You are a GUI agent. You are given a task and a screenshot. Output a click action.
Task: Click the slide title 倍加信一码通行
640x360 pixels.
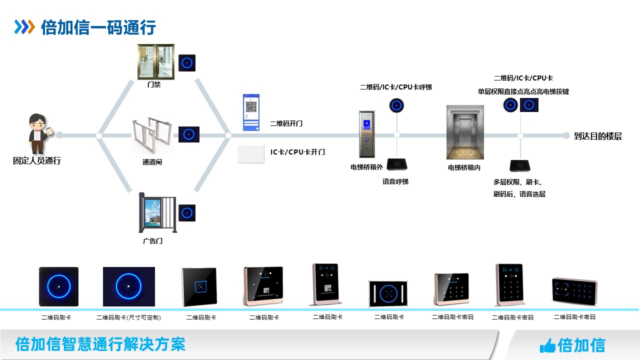pyautogui.click(x=98, y=27)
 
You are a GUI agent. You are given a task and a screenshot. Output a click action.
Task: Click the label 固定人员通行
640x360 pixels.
pyautogui.click(x=36, y=161)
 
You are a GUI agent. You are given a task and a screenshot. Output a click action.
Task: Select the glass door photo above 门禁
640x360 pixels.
pyautogui.click(x=156, y=62)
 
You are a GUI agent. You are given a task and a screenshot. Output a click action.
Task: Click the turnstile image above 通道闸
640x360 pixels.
pyautogui.click(x=152, y=135)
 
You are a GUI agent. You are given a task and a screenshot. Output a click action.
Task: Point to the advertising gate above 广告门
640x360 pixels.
pyautogui.click(x=157, y=214)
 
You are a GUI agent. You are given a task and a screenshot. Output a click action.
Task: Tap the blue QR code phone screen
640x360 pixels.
pyautogui.click(x=251, y=112)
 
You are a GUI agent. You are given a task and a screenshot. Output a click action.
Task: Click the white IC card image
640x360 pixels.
pyautogui.click(x=251, y=154)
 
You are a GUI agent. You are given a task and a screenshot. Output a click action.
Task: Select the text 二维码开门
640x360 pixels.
pyautogui.click(x=286, y=123)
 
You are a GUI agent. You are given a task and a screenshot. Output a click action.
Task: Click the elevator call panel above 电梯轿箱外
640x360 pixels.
pyautogui.click(x=366, y=134)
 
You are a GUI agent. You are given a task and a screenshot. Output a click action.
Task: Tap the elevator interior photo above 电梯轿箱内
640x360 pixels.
pyautogui.click(x=465, y=132)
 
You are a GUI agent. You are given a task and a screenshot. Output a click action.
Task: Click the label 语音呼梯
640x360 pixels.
pyautogui.click(x=395, y=181)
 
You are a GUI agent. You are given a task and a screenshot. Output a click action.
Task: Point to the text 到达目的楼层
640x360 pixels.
pyautogui.click(x=598, y=136)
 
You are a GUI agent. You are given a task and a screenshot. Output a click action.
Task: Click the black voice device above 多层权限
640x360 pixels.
pyautogui.click(x=520, y=165)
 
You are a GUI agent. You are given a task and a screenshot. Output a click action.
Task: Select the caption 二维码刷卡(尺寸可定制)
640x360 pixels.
pyautogui.click(x=128, y=317)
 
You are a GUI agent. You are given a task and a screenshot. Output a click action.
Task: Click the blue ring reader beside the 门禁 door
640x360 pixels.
pyautogui.click(x=187, y=63)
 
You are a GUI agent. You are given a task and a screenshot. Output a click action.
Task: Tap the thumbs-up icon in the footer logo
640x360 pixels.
pyautogui.click(x=547, y=345)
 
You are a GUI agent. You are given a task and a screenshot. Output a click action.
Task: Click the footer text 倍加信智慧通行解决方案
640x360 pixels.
pyautogui.click(x=100, y=344)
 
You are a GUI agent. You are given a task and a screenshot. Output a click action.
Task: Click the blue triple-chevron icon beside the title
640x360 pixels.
pyautogui.click(x=24, y=27)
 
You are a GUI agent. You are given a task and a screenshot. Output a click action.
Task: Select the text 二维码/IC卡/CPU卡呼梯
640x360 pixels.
pyautogui.click(x=395, y=87)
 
